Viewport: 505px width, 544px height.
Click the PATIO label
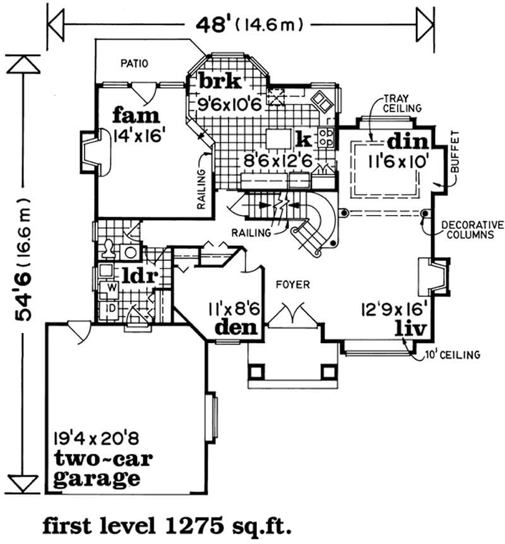tap(135, 63)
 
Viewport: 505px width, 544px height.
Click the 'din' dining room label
tap(408, 140)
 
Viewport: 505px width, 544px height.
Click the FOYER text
tap(294, 285)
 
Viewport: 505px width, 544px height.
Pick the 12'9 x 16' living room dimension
tap(395, 310)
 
